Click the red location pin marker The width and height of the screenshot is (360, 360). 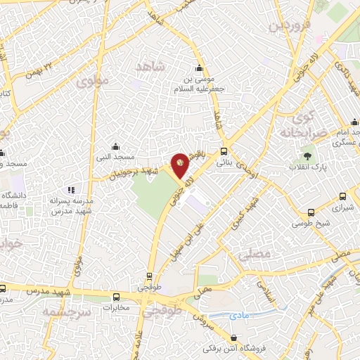pyautogui.click(x=181, y=163)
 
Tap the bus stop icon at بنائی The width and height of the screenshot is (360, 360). pyautogui.click(x=224, y=151)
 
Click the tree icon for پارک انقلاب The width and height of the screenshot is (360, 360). pyautogui.click(x=307, y=155)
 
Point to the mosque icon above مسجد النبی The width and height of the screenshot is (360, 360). pyautogui.click(x=116, y=147)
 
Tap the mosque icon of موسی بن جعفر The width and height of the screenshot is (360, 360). pyautogui.click(x=200, y=69)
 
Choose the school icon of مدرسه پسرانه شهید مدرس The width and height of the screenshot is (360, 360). pyautogui.click(x=70, y=190)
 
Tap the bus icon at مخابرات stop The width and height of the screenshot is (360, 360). pyautogui.click(x=117, y=297)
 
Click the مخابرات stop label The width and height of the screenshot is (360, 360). pyautogui.click(x=116, y=307)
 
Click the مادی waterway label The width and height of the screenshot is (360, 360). pyautogui.click(x=240, y=317)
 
